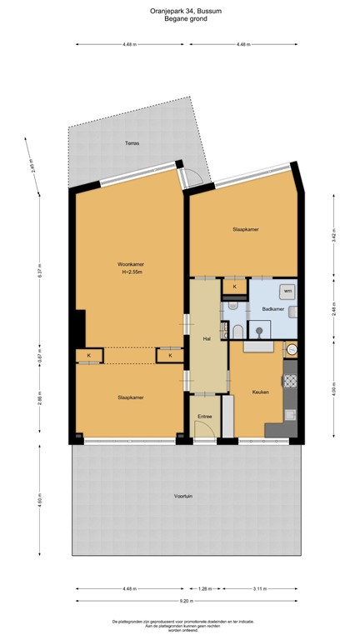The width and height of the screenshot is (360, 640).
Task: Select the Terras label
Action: (x=132, y=143)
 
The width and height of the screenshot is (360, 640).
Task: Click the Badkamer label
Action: (x=272, y=309)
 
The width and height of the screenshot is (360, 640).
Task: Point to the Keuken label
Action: (x=259, y=392)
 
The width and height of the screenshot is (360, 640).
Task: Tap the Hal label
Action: (x=206, y=338)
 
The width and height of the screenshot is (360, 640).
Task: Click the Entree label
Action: (x=204, y=416)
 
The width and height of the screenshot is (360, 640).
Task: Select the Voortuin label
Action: (x=183, y=496)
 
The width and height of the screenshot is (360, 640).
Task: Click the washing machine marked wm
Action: (x=287, y=292)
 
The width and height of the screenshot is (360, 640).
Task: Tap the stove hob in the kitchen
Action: (x=291, y=382)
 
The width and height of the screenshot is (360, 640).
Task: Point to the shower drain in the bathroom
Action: (x=259, y=331)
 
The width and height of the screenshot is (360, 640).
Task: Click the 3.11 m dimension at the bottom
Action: (x=260, y=588)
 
